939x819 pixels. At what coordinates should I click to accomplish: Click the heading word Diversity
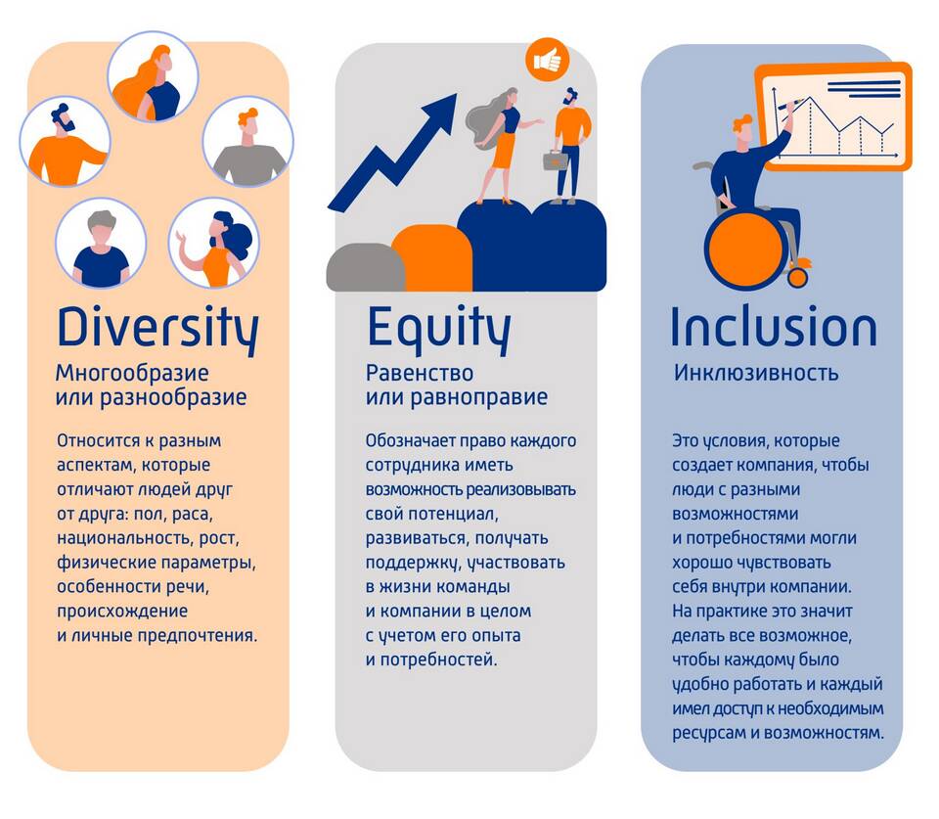point(158,329)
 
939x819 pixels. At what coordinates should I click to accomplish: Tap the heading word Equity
point(439,329)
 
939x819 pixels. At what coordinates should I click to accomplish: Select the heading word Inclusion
point(774,327)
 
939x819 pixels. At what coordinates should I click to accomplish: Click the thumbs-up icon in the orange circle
point(548,60)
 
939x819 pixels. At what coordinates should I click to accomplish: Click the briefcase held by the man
point(556,159)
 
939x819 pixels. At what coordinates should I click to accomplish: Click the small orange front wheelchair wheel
point(798,277)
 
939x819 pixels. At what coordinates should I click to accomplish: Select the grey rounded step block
point(365,267)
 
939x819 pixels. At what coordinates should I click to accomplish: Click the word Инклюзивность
point(756,373)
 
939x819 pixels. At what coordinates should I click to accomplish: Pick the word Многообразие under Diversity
point(132,373)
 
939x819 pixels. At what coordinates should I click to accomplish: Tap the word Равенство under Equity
point(420,373)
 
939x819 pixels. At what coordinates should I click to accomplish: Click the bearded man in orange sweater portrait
point(65,142)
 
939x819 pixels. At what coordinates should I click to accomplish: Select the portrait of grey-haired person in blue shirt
point(101,244)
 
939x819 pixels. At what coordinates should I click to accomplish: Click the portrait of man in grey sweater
point(247,142)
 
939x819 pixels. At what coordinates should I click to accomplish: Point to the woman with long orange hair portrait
point(153,76)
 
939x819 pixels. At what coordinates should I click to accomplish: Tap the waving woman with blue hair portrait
point(214,244)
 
